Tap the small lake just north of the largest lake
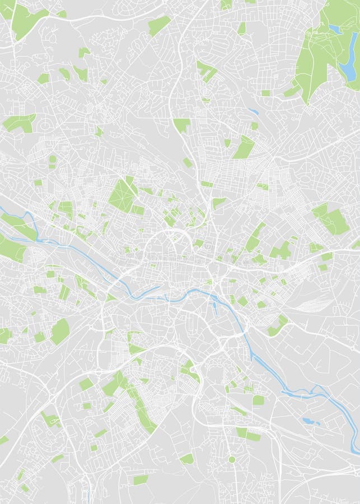pos(334,28)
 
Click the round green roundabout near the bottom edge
pos(231,459)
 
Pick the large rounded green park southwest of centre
pos(60,331)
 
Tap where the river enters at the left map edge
pos(2,209)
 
